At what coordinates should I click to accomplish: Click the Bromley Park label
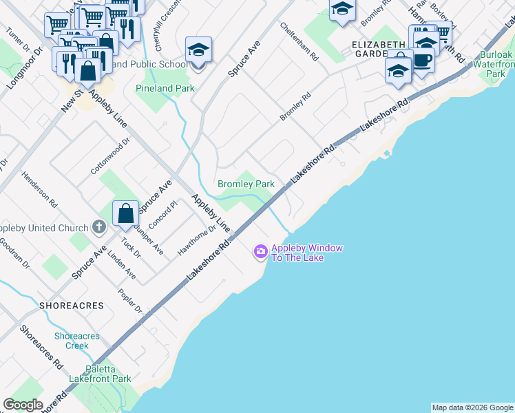tap(246, 184)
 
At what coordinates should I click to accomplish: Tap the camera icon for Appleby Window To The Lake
tap(260, 253)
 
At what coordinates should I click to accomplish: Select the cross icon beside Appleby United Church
tap(98, 227)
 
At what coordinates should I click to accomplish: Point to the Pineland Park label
tap(165, 88)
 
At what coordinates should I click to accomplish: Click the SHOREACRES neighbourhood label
tap(72, 305)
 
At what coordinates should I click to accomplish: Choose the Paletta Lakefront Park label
tap(99, 374)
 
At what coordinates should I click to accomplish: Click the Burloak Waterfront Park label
tap(496, 64)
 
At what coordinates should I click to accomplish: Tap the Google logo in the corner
tap(23, 404)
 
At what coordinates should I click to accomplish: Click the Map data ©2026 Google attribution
tap(472, 407)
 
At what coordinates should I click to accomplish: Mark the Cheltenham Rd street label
tap(299, 40)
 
